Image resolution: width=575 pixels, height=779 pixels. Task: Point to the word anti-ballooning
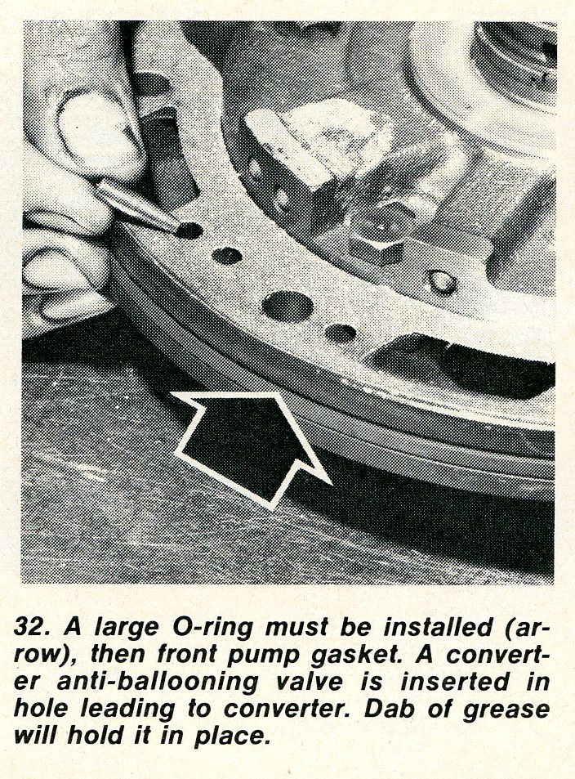point(158,683)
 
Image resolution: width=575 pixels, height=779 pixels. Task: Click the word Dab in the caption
point(386,709)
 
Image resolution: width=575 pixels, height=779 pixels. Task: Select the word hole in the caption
point(41,708)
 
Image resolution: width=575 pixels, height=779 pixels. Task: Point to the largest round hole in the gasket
point(287,306)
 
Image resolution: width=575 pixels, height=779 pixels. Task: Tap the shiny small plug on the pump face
point(442,282)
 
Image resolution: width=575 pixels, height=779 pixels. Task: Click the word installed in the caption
point(439,627)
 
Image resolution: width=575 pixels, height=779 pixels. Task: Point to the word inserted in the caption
point(454,681)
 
